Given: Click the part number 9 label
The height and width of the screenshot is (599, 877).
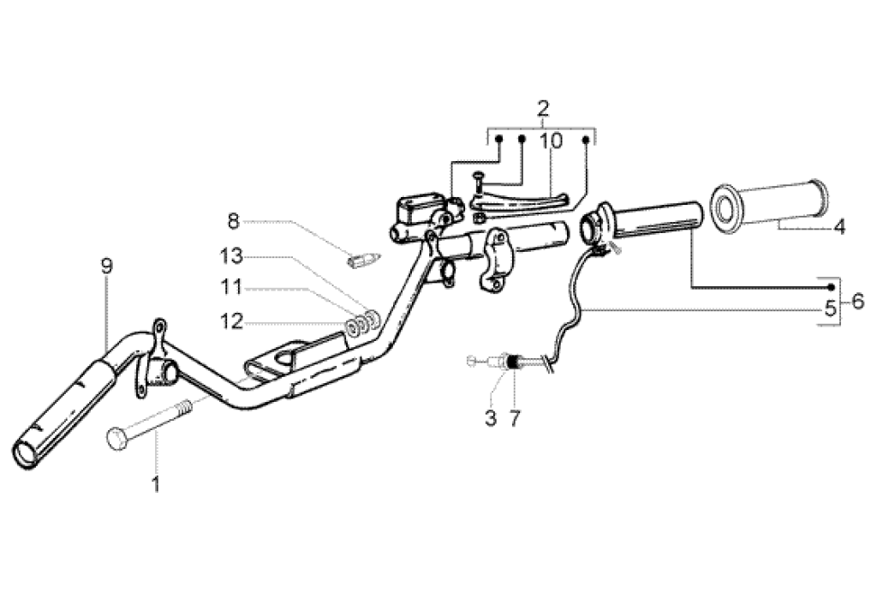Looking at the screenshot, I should click(106, 266).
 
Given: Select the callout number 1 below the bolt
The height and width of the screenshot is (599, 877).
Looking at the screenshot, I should click(156, 485).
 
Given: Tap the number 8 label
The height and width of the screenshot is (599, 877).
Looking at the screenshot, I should click(233, 221).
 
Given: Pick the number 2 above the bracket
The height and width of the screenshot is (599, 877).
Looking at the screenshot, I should click(542, 108).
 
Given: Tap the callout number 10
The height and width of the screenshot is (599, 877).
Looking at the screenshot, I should click(551, 140).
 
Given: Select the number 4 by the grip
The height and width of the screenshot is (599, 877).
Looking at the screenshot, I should click(839, 227).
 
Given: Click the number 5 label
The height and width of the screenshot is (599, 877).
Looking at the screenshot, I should click(829, 308).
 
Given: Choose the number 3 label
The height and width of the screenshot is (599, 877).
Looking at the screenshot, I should click(491, 418).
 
